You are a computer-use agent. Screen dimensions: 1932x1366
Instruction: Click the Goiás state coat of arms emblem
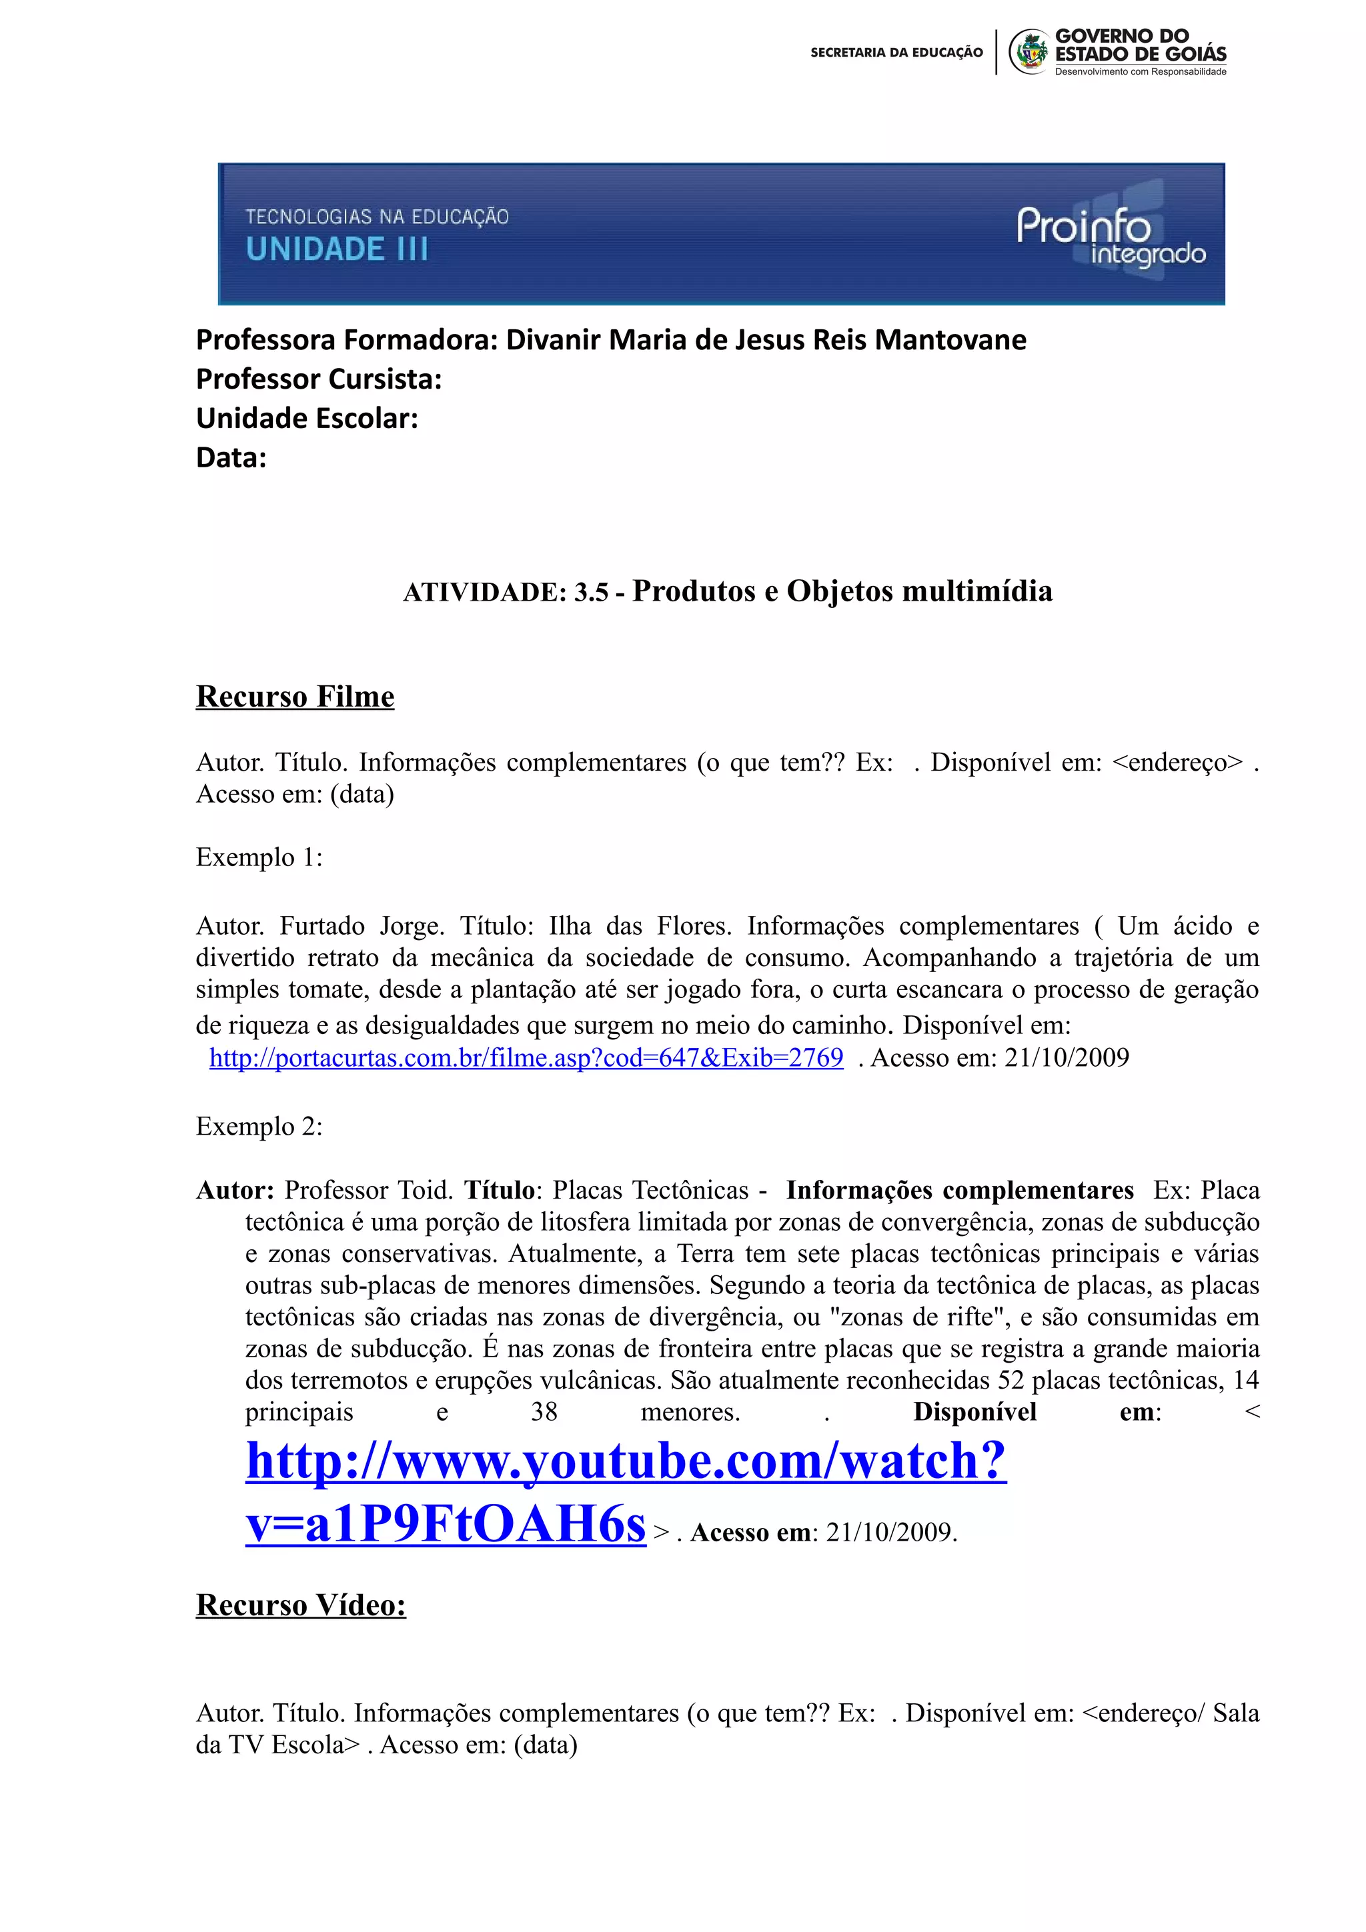[x=1029, y=52]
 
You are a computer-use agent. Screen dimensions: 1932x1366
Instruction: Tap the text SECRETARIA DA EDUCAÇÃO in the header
[x=896, y=52]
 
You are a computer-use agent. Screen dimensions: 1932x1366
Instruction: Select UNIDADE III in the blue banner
[x=337, y=249]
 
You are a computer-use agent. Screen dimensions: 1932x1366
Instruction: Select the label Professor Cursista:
[x=318, y=379]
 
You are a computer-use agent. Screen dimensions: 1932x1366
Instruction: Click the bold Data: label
[x=231, y=458]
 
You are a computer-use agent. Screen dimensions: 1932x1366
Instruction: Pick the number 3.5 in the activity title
[x=591, y=593]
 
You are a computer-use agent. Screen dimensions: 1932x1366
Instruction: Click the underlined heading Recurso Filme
[x=295, y=697]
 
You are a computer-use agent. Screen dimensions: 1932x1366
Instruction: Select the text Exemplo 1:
[x=258, y=857]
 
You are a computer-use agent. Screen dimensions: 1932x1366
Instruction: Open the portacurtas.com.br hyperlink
[x=526, y=1058]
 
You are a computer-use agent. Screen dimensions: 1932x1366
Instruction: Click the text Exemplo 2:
[x=258, y=1127]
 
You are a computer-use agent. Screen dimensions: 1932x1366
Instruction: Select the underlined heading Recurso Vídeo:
[x=300, y=1605]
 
